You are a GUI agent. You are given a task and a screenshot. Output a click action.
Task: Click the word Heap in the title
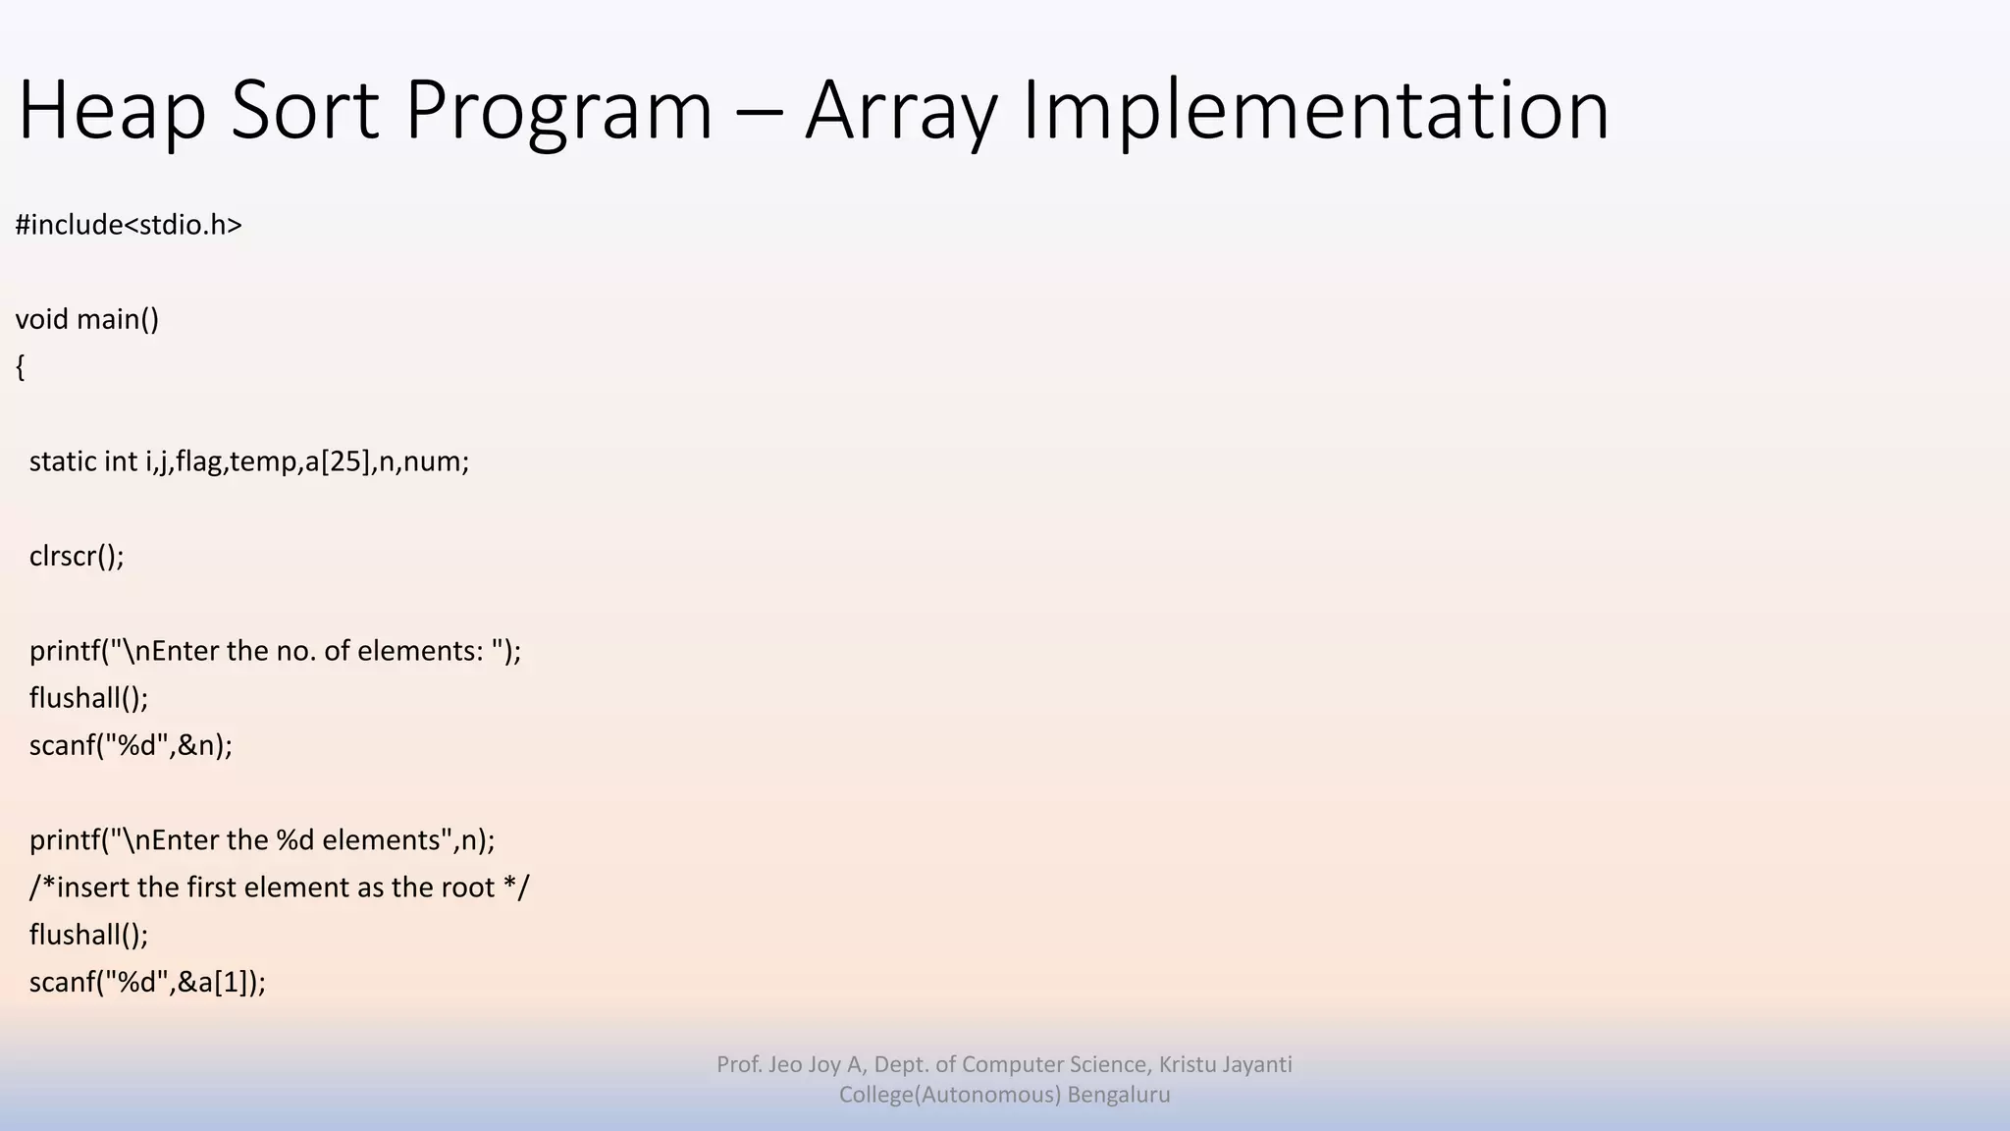[x=111, y=111]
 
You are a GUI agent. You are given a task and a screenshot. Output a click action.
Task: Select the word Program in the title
[x=557, y=111]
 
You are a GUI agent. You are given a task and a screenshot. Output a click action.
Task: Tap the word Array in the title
[x=901, y=111]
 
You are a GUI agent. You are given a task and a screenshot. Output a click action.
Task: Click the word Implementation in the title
[x=1315, y=111]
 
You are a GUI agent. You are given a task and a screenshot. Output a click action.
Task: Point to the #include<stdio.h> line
[x=129, y=225]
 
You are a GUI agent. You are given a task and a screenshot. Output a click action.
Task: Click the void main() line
[x=86, y=319]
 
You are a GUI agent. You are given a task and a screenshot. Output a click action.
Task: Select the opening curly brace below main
[x=21, y=367]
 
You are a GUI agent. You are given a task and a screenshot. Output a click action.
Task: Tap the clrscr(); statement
[x=77, y=556]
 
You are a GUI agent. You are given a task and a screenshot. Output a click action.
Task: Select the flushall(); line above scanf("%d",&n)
[x=88, y=698]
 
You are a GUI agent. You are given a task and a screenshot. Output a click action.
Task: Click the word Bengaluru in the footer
[x=1119, y=1095]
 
